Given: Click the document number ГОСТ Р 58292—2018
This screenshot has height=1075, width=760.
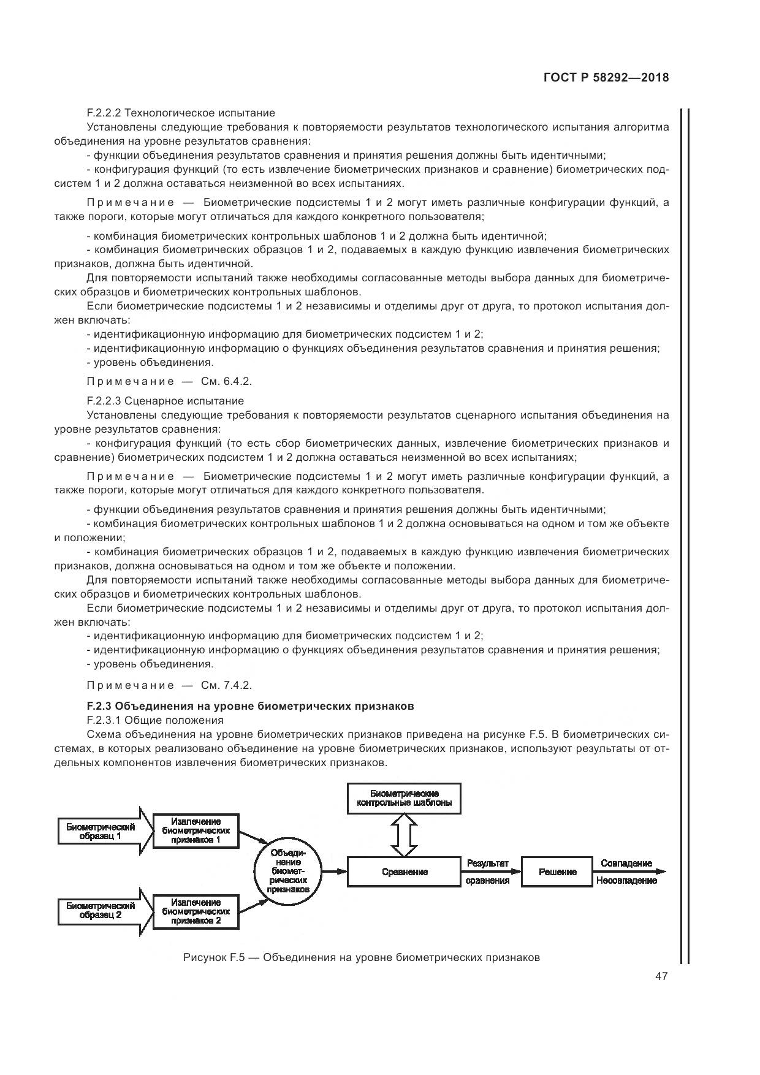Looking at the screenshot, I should [606, 78].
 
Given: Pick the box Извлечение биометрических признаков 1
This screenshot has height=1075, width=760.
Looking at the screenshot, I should [196, 831].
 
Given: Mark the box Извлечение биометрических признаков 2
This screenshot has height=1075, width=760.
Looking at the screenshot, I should [196, 911].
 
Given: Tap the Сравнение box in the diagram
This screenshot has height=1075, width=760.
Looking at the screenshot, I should [405, 872].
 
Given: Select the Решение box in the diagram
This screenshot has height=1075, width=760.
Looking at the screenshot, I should [557, 872].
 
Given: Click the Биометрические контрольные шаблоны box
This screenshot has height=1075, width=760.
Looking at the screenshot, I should [404, 798].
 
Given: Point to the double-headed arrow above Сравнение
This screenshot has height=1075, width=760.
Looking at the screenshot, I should [404, 835].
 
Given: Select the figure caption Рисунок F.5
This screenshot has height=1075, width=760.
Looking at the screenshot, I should [361, 957].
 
